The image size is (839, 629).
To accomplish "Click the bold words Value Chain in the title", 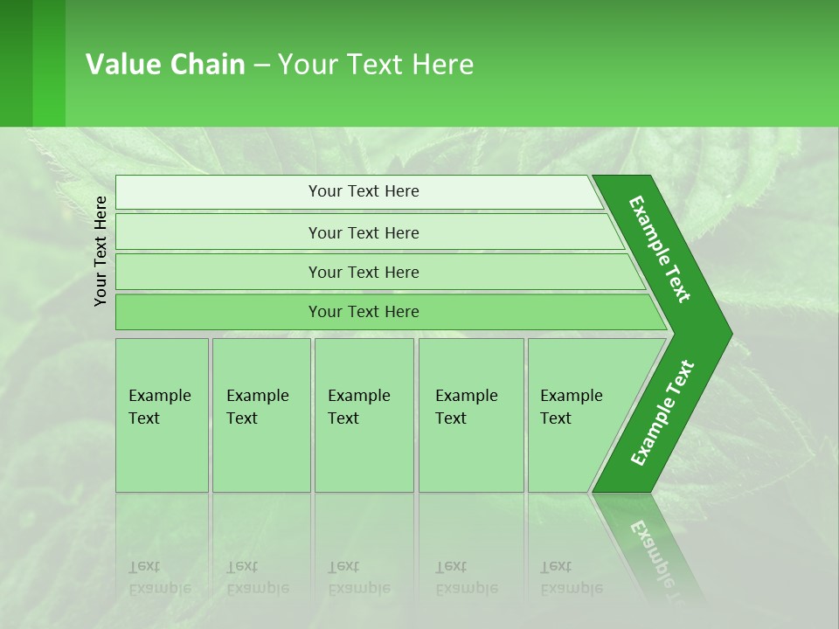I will pyautogui.click(x=165, y=64).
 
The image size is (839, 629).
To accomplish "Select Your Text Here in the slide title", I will pyautogui.click(x=376, y=64).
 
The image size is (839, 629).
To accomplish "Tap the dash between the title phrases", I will pyautogui.click(x=261, y=65).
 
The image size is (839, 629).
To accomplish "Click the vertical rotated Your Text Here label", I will pyautogui.click(x=101, y=251).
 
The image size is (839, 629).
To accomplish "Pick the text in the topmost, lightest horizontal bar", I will pyautogui.click(x=364, y=191).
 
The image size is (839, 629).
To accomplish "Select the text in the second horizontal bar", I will pyautogui.click(x=364, y=232).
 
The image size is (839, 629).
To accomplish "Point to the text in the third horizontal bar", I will pyautogui.click(x=364, y=272).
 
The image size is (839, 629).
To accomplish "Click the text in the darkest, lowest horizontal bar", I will pyautogui.click(x=364, y=311).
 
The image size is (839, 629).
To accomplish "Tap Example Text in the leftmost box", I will pyautogui.click(x=159, y=407).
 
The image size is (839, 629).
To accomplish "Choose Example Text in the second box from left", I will pyautogui.click(x=257, y=407).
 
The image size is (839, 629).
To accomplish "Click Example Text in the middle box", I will pyautogui.click(x=358, y=407).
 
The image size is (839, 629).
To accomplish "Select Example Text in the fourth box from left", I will pyautogui.click(x=466, y=407).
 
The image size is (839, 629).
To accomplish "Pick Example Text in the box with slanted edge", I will pyautogui.click(x=571, y=407).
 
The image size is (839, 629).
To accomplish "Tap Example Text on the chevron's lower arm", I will pyautogui.click(x=662, y=412).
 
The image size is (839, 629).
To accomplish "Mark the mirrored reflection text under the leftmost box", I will pyautogui.click(x=159, y=577).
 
